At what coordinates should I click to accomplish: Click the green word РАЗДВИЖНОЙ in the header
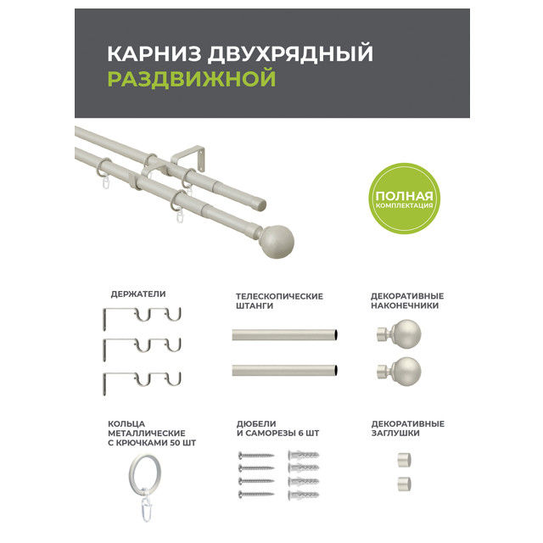[x=192, y=79]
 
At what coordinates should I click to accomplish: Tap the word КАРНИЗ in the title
[x=154, y=53]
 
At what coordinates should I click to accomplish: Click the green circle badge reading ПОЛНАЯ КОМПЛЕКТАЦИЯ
[x=404, y=199]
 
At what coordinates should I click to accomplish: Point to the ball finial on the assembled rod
[x=276, y=242]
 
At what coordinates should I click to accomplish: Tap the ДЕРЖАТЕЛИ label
[x=138, y=294]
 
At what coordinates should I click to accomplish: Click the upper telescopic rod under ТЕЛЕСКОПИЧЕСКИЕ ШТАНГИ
[x=285, y=335]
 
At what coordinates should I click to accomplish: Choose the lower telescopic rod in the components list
[x=285, y=371]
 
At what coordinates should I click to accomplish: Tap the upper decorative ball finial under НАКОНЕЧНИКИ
[x=400, y=333]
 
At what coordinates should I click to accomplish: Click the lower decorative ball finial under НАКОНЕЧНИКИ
[x=400, y=372]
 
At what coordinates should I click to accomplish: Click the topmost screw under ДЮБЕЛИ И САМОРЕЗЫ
[x=256, y=455]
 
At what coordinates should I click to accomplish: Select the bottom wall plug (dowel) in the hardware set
[x=304, y=495]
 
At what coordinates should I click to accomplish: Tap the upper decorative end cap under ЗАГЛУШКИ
[x=404, y=460]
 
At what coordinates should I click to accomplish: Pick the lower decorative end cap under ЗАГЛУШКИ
[x=404, y=484]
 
